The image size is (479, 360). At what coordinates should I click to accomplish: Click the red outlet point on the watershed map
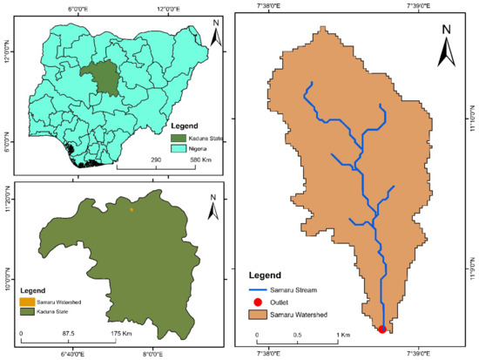click(382, 329)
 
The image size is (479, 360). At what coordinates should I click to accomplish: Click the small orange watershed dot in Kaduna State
click(132, 209)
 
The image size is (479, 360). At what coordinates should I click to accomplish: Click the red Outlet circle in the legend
click(260, 301)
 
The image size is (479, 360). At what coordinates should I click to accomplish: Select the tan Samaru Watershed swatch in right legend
click(260, 313)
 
